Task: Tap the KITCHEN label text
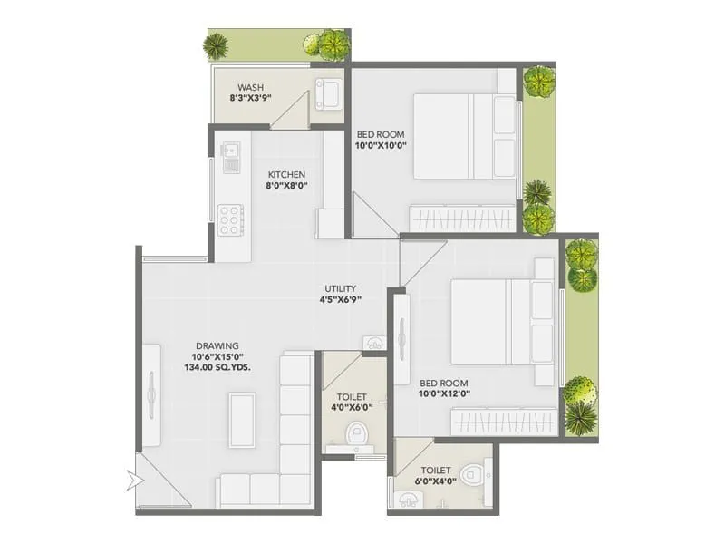tap(286, 174)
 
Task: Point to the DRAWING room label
tap(217, 345)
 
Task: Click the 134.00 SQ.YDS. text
tap(217, 367)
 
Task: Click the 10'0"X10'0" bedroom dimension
tap(380, 144)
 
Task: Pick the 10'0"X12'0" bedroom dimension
tap(443, 393)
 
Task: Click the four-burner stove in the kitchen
tap(230, 219)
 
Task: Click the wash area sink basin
tap(328, 93)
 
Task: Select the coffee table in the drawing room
tap(242, 420)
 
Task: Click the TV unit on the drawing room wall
tap(151, 394)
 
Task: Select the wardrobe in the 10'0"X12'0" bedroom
tap(504, 422)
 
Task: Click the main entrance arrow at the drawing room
tap(138, 478)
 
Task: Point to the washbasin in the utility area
tap(375, 342)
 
